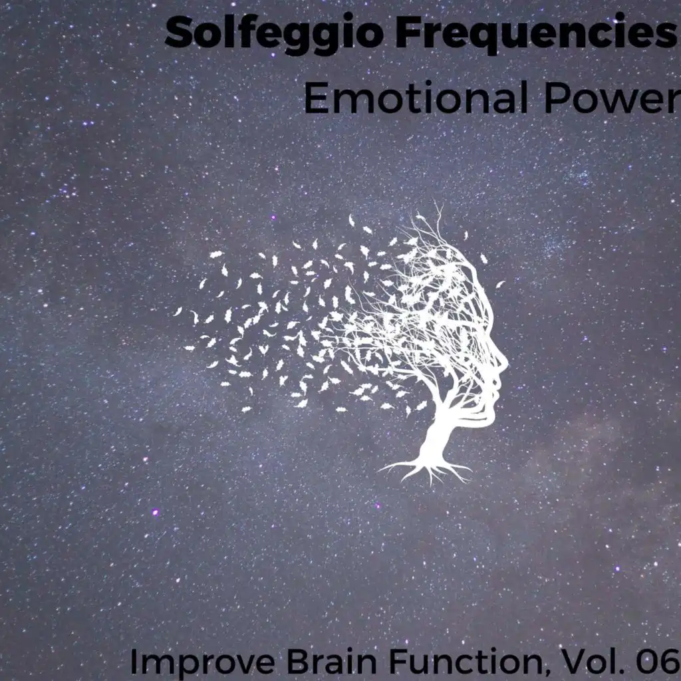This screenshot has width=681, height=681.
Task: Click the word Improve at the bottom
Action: (203, 660)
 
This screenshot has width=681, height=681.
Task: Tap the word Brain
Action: (332, 660)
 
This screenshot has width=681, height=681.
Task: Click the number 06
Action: (657, 660)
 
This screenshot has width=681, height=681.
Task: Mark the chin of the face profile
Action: (490, 415)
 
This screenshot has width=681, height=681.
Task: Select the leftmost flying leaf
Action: (178, 311)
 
